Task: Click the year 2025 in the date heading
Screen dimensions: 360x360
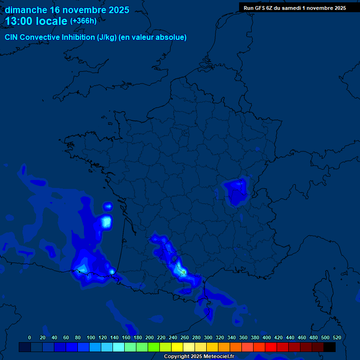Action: point(117,10)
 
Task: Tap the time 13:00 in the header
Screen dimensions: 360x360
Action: point(19,21)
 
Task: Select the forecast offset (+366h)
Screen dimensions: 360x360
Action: point(83,21)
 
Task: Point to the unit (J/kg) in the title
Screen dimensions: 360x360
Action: point(107,37)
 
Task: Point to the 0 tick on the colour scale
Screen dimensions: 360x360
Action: point(30,337)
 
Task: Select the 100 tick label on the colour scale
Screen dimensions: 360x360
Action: point(90,337)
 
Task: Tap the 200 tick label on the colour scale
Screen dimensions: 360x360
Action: point(149,337)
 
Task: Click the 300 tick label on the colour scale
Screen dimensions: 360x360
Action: point(208,337)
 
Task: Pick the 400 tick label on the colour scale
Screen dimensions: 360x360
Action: point(266,337)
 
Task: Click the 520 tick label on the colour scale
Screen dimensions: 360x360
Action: point(337,337)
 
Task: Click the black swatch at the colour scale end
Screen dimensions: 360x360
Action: point(330,347)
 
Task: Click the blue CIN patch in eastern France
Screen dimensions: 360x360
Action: point(235,191)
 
